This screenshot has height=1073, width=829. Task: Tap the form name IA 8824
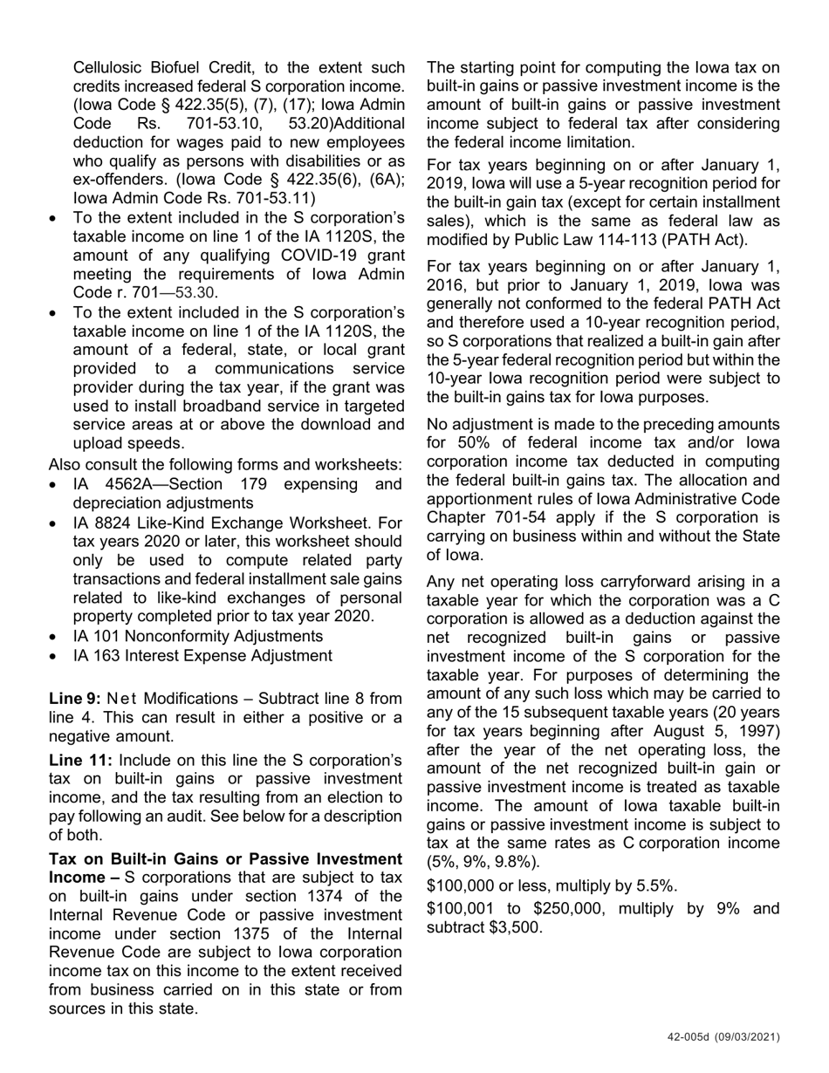[106, 523]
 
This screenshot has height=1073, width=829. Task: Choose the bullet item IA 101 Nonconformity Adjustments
[197, 636]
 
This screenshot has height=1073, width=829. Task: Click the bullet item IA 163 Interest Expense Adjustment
[202, 655]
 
